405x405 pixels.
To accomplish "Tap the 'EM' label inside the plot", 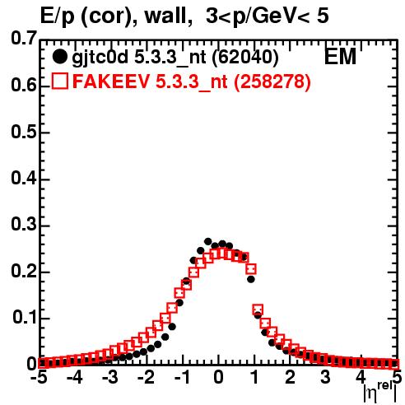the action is click(340, 57).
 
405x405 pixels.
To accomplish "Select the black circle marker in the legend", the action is click(59, 57).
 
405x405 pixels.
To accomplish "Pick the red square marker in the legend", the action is click(59, 81).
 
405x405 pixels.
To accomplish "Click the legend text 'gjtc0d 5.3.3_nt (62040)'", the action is click(175, 58).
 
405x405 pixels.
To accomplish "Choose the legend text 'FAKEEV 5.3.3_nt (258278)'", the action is click(192, 81).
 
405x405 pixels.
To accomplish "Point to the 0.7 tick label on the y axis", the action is click(24, 38).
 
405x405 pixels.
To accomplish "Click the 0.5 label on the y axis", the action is click(24, 132).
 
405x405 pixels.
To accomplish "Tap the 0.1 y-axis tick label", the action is click(25, 318).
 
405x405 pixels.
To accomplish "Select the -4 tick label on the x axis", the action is click(74, 378).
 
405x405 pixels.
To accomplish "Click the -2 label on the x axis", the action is click(147, 378).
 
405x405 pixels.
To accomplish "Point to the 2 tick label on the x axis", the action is click(290, 378).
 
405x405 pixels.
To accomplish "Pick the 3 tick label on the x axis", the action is click(326, 378).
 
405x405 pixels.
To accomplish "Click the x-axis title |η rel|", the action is click(380, 392).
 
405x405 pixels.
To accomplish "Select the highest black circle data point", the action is click(207, 241).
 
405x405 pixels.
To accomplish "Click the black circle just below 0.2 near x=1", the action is click(251, 279).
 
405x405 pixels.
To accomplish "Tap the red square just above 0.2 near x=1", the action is click(251, 269).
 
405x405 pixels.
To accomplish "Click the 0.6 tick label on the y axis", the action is click(24, 86).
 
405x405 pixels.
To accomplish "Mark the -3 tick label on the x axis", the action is click(110, 378).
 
